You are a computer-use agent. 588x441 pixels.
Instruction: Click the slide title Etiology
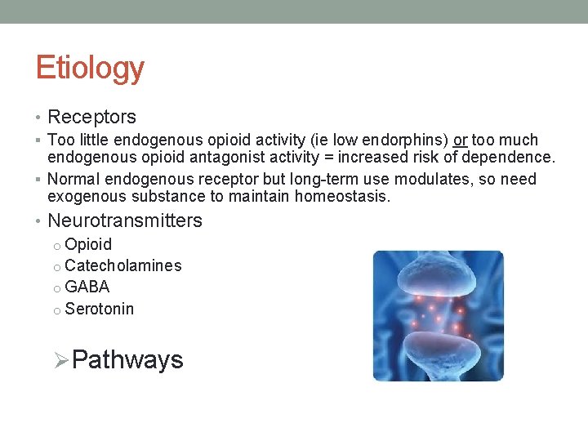pyautogui.click(x=90, y=68)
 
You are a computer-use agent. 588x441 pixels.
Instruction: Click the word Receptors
pyautogui.click(x=91, y=118)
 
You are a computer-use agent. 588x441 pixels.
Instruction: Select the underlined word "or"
pyautogui.click(x=460, y=140)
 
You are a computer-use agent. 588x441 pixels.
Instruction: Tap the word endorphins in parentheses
pyautogui.click(x=405, y=140)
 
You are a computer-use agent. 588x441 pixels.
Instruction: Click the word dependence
pyautogui.click(x=513, y=157)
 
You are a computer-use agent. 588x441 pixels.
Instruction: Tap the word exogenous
pyautogui.click(x=84, y=196)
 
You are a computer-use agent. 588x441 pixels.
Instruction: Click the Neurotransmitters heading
pyautogui.click(x=125, y=220)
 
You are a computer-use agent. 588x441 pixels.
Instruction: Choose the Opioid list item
pyautogui.click(x=88, y=244)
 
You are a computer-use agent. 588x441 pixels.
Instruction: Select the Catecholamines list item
pyautogui.click(x=122, y=265)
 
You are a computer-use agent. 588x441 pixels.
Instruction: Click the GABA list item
pyautogui.click(x=87, y=287)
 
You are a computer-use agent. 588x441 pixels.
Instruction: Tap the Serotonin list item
pyautogui.click(x=99, y=309)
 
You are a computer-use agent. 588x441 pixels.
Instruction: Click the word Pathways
pyautogui.click(x=127, y=360)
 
